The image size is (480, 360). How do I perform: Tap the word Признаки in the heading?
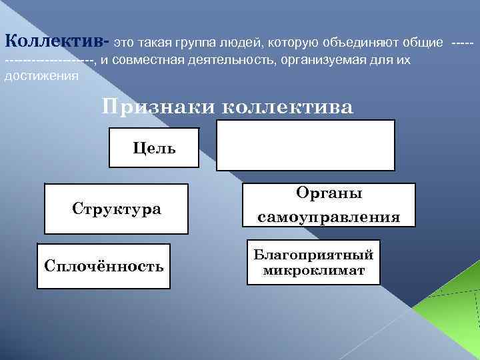[157, 107]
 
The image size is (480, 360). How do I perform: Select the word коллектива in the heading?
[286, 107]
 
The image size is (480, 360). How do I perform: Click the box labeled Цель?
[154, 147]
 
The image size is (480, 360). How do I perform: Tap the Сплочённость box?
[103, 266]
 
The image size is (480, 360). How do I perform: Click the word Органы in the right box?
[329, 193]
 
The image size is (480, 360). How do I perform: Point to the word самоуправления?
[329, 217]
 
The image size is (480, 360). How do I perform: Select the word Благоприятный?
[313, 255]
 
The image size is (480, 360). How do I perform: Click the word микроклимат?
[313, 271]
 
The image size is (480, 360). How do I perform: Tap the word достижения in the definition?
[41, 75]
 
